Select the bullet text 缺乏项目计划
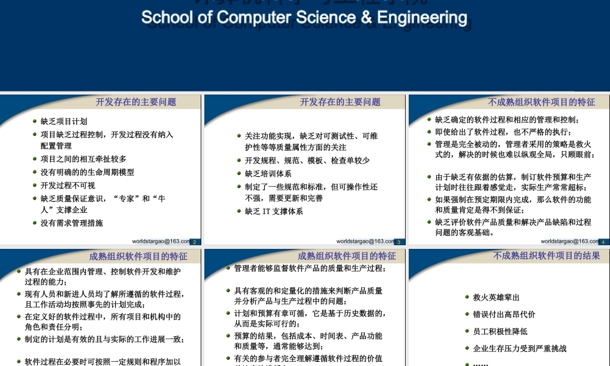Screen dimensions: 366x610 click(64, 121)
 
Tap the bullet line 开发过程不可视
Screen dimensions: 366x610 click(68, 185)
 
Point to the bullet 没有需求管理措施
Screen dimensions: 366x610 click(72, 223)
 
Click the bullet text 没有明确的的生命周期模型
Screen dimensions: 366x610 click(87, 173)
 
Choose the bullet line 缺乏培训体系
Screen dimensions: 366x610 click(268, 174)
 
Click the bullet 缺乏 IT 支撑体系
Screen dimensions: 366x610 click(274, 212)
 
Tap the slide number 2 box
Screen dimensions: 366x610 click(194, 242)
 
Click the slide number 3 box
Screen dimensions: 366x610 click(398, 242)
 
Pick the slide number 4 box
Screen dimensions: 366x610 click(603, 242)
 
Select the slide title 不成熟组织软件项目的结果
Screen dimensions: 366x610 click(546, 256)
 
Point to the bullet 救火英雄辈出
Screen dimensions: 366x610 click(496, 298)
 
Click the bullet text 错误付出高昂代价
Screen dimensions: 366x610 click(504, 315)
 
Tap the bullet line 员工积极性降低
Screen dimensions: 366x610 click(500, 332)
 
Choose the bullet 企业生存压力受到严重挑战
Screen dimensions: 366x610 click(520, 349)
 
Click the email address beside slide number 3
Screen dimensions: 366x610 click(365, 242)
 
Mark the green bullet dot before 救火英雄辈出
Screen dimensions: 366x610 click(467, 298)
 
